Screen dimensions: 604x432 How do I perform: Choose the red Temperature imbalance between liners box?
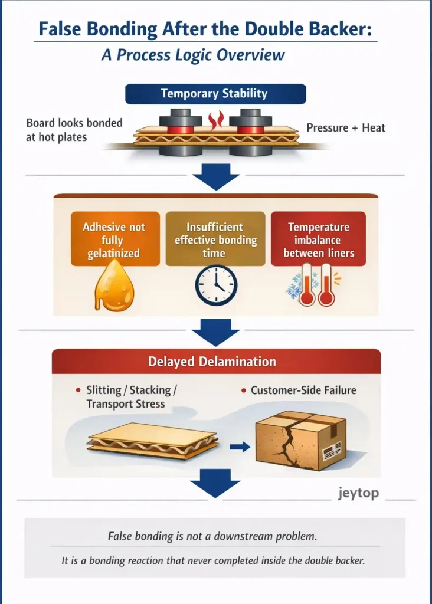click(318, 239)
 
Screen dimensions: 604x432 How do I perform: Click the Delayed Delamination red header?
click(216, 361)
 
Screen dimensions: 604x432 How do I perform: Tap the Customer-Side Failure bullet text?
click(303, 390)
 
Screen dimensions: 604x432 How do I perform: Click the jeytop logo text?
click(358, 493)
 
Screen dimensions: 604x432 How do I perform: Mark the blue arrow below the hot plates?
click(216, 177)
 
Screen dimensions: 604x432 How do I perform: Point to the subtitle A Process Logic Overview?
click(193, 55)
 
